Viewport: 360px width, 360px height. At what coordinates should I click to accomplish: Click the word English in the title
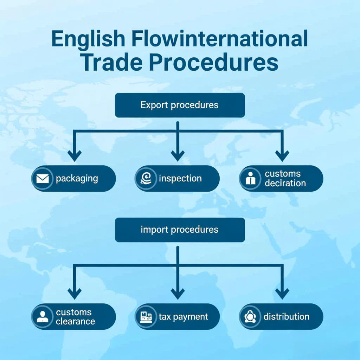[x=88, y=39]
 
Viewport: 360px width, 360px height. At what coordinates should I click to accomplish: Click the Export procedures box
[x=180, y=105]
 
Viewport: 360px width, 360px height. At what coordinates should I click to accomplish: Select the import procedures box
[x=180, y=230]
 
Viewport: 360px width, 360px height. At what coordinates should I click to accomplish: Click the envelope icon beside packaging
[x=43, y=179]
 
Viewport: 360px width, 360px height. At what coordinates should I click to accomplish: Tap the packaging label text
[x=77, y=179]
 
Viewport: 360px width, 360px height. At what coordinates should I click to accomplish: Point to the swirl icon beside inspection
[x=146, y=179]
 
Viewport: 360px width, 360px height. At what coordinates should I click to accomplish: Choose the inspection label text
[x=180, y=179]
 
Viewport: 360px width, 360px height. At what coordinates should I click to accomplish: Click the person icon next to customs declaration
[x=250, y=179]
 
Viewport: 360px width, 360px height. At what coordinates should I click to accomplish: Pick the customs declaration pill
[x=281, y=179]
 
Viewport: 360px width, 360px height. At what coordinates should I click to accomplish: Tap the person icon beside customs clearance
[x=43, y=317]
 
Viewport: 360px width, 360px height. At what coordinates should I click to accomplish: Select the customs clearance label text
[x=75, y=317]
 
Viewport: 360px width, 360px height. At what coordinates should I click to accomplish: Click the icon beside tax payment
[x=146, y=317]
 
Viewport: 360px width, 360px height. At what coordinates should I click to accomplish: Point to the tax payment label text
[x=183, y=317]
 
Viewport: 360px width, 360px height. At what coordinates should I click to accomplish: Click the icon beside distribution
[x=250, y=317]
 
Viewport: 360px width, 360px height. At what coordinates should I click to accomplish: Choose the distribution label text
[x=286, y=317]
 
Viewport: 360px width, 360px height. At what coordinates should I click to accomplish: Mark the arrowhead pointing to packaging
[x=75, y=155]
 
